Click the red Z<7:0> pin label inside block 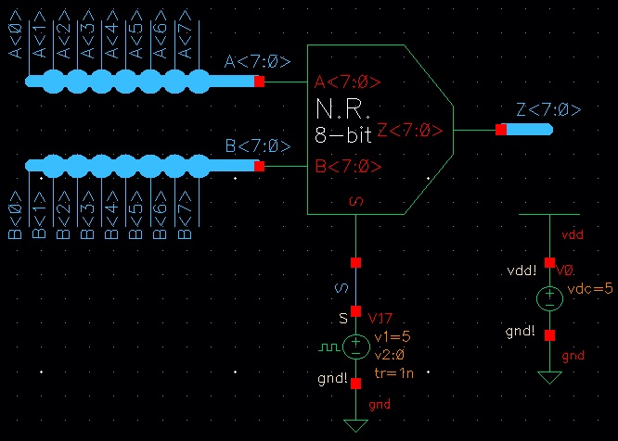tap(409, 131)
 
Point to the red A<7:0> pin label tap(348, 82)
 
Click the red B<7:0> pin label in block tap(348, 167)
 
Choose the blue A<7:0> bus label tap(257, 62)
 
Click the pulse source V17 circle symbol tap(355, 347)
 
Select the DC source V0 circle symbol tap(549, 298)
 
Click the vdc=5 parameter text tap(592, 289)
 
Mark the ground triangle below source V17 tap(355, 424)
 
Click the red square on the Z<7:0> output tap(501, 130)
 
